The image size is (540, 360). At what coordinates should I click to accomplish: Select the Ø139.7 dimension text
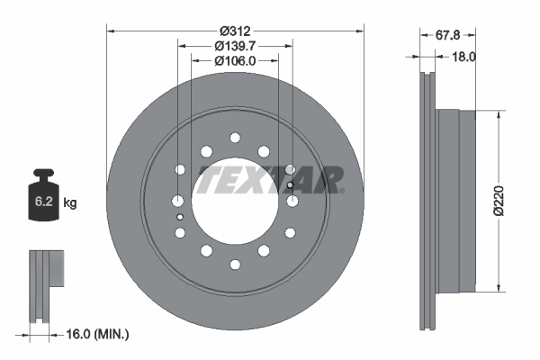click(x=235, y=44)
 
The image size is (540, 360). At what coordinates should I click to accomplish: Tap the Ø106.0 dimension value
click(x=235, y=60)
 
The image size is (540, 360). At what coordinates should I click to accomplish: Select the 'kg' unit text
click(x=70, y=203)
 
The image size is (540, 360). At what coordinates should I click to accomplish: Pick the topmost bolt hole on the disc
click(x=235, y=138)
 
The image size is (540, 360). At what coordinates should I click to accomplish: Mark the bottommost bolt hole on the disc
click(x=235, y=265)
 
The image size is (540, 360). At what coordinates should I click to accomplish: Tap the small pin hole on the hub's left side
click(x=180, y=217)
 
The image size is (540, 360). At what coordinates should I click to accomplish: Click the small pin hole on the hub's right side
click(x=290, y=186)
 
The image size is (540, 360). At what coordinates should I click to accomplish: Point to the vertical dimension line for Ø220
click(x=498, y=201)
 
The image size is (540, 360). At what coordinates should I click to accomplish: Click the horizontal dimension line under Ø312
click(x=235, y=30)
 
